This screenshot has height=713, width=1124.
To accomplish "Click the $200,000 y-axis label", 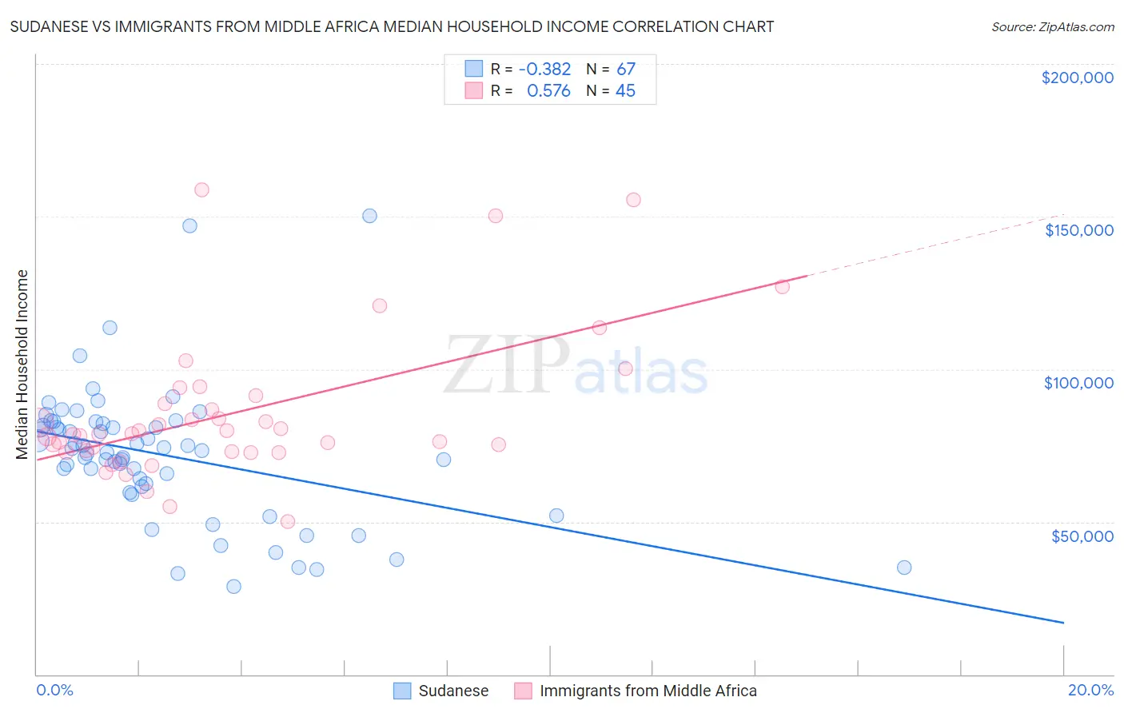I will [x=1077, y=78].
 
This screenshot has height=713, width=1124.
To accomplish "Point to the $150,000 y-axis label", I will [x=1078, y=230].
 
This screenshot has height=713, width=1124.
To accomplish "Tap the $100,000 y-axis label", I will [x=1078, y=383].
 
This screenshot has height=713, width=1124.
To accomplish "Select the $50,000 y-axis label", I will [x=1082, y=536].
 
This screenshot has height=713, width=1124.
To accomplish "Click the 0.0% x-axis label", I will [x=54, y=690].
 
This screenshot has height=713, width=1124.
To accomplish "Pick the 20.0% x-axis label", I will [x=1090, y=690].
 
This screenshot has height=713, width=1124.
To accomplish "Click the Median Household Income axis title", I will [x=22, y=364].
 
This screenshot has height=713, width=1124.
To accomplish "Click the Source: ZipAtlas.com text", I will [x=1052, y=26].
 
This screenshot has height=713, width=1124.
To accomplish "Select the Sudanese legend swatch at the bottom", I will [x=402, y=691].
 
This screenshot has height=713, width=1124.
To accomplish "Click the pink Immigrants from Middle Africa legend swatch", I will [x=523, y=691].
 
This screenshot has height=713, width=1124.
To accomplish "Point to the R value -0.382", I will [x=544, y=69].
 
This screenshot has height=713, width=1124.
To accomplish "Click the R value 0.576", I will [x=548, y=91].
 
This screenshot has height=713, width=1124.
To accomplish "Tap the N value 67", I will [x=625, y=69].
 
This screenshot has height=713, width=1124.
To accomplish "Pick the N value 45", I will [x=625, y=91].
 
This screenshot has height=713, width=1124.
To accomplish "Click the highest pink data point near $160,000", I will [x=201, y=189].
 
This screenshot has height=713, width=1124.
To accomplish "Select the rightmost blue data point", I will [x=904, y=568].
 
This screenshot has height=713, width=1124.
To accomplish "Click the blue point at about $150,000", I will [x=369, y=216].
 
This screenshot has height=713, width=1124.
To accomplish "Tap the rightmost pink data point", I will [x=782, y=286].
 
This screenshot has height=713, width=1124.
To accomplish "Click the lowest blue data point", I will [x=233, y=587].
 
